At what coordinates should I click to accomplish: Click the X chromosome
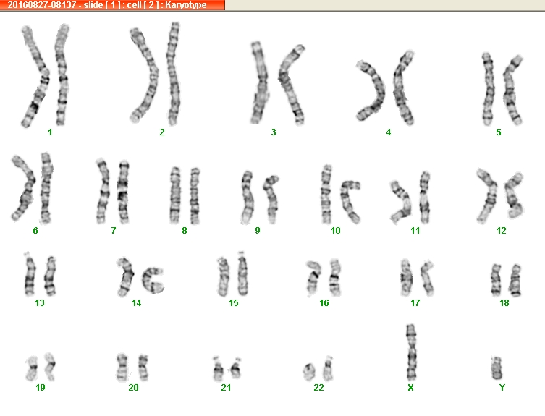(411, 352)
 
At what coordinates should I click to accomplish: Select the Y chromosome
(497, 368)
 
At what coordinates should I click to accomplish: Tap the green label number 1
(50, 132)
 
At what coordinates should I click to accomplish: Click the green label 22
(318, 388)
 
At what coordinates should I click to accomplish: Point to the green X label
(410, 388)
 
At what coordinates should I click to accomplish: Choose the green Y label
(502, 388)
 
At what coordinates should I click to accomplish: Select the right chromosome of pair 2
(173, 74)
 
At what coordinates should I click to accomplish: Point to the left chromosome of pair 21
(218, 369)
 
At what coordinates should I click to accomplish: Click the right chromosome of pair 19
(51, 366)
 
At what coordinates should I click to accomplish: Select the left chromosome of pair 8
(175, 195)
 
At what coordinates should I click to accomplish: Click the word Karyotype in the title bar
(186, 5)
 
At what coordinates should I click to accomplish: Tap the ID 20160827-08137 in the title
(42, 5)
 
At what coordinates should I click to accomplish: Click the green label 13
(40, 303)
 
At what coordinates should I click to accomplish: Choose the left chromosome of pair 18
(496, 280)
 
